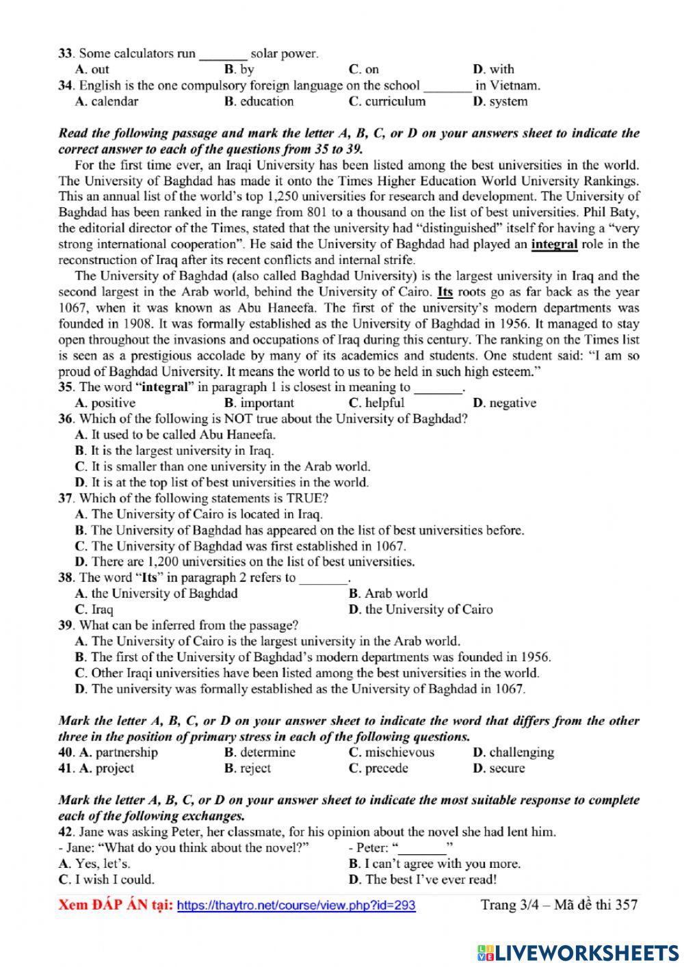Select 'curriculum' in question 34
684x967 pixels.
tap(395, 101)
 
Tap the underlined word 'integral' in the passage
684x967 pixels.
tap(554, 244)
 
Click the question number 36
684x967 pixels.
tap(66, 419)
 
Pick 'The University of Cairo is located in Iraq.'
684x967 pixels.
tap(207, 514)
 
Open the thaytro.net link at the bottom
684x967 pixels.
tap(296, 905)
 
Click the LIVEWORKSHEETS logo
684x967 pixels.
tap(579, 952)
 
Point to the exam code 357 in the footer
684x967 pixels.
tap(626, 905)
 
